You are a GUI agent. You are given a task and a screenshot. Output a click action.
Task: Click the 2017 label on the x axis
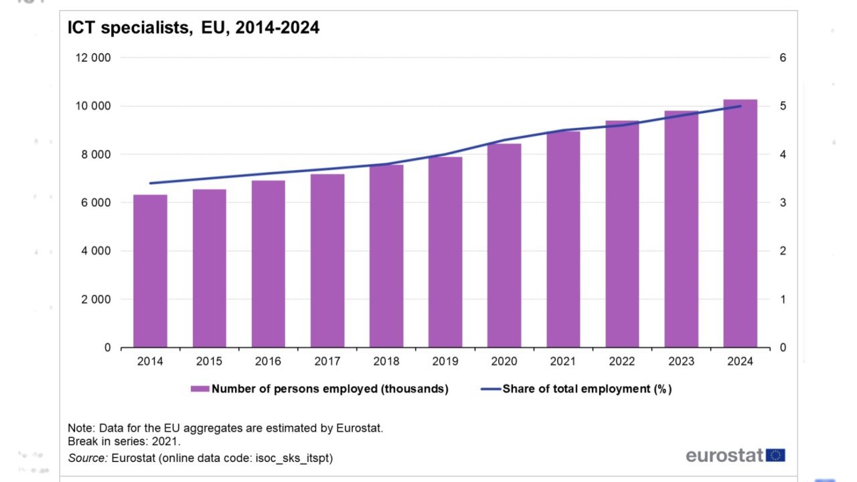coord(327,361)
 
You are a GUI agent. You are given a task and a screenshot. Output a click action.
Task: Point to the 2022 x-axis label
coord(622,361)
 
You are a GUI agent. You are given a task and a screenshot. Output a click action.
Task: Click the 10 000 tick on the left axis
coord(92,106)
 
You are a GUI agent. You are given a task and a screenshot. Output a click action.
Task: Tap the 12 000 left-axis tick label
coord(92,58)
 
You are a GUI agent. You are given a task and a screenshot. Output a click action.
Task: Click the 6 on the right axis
coord(783,58)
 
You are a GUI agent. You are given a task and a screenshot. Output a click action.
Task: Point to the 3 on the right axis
coord(783,203)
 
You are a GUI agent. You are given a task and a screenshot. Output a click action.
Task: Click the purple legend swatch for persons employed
coord(200,389)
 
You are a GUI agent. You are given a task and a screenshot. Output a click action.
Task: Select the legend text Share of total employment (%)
coord(587,389)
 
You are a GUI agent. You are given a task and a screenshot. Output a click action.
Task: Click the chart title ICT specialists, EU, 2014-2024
coord(193,28)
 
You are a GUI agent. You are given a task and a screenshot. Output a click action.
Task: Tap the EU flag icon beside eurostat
coord(776,456)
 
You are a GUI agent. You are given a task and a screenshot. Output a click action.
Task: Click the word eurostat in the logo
coord(724,456)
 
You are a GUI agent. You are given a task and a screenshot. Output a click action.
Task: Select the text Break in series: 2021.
coord(125,442)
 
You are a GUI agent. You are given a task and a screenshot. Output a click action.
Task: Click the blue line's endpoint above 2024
coord(740,106)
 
